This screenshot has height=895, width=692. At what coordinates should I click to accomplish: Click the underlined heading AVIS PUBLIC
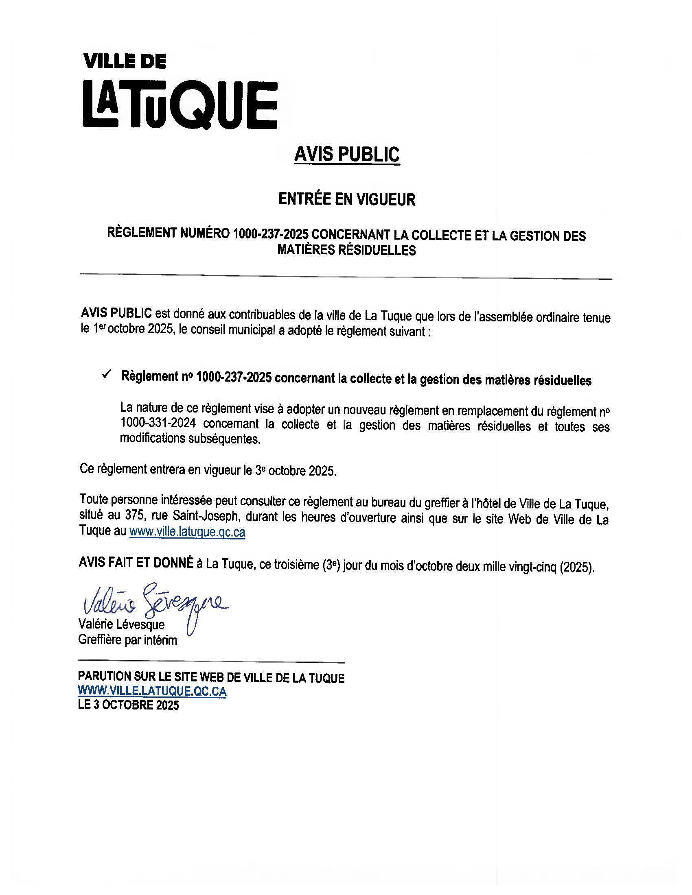(x=347, y=155)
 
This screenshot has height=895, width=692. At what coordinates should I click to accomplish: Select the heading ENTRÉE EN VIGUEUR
(x=347, y=199)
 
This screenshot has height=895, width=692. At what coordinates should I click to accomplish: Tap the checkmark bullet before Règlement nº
(x=107, y=375)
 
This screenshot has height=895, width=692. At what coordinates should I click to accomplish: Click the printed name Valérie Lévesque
(x=121, y=624)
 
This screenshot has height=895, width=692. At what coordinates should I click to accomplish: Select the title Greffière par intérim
(x=127, y=640)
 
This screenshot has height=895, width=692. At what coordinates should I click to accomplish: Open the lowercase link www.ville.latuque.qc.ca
(x=187, y=533)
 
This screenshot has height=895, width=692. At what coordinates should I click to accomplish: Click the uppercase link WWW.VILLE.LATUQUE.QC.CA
(x=152, y=691)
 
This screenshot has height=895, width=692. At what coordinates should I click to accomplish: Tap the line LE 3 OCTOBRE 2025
(x=128, y=705)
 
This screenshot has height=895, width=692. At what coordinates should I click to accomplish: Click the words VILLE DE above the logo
(x=125, y=61)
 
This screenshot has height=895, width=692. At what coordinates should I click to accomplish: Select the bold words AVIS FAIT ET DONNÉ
(x=136, y=563)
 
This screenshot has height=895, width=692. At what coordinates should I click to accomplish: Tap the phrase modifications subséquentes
(x=190, y=439)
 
